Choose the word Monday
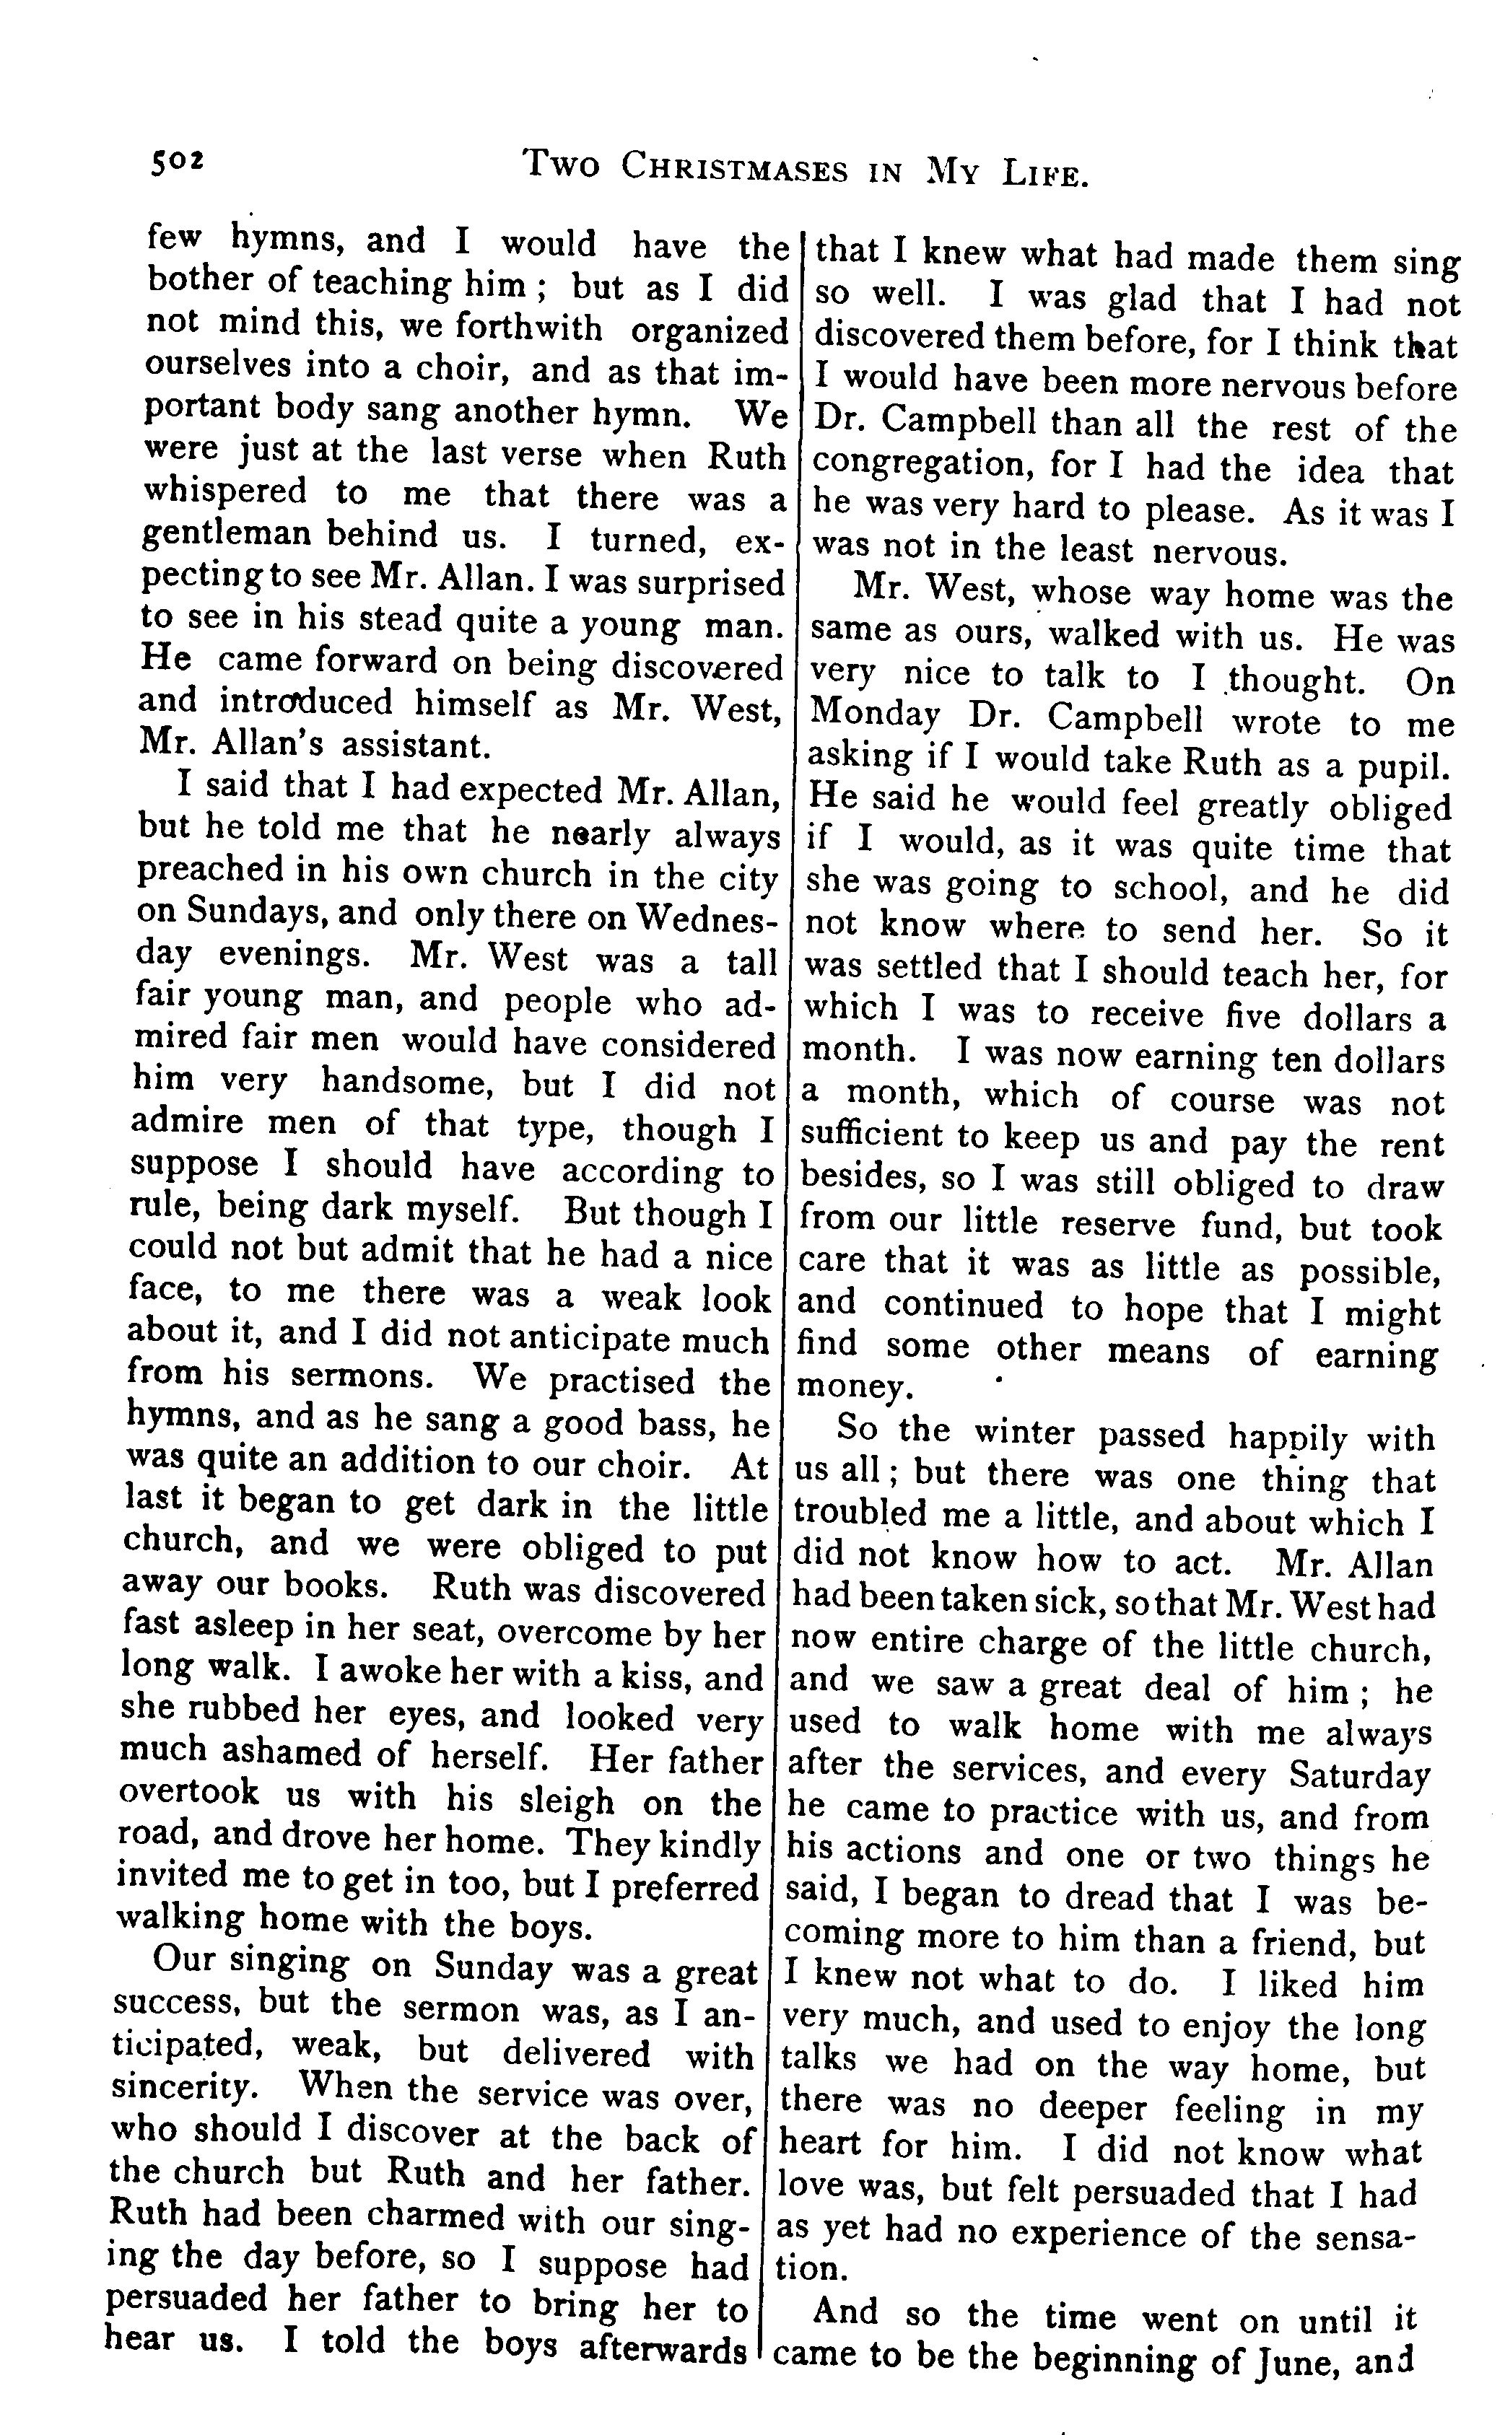pos(875,714)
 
